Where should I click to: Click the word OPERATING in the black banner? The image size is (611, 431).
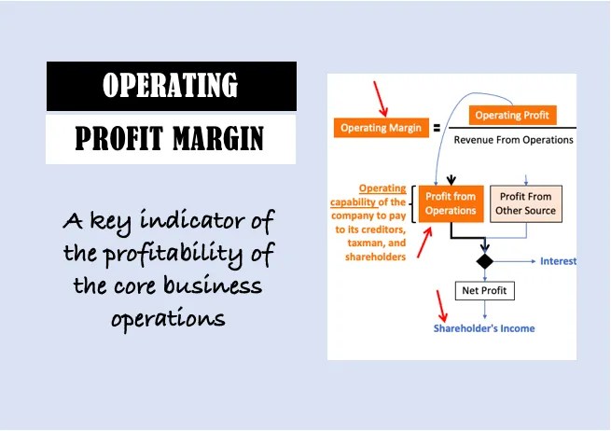[171, 86]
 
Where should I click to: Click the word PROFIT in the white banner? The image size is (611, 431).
[123, 140]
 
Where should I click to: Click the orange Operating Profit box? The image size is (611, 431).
[510, 116]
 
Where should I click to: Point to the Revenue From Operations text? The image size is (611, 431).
[513, 140]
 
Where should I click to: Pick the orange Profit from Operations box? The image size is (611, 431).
[451, 203]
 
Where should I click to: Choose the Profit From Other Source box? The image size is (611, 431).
[526, 203]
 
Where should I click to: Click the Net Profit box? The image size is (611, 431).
[483, 291]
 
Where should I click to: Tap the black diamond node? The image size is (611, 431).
[483, 260]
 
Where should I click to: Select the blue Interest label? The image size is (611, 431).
[558, 261]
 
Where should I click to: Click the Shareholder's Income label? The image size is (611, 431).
[484, 328]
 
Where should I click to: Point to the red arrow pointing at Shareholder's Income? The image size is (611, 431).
[441, 304]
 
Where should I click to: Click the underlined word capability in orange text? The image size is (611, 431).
[355, 202]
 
